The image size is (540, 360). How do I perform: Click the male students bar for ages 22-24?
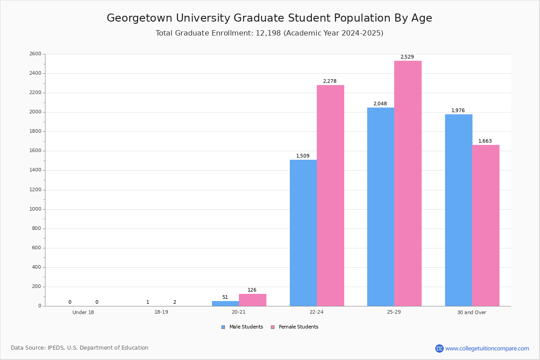click(303, 233)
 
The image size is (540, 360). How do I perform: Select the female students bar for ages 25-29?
click(408, 184)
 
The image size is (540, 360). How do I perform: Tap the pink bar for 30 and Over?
click(486, 225)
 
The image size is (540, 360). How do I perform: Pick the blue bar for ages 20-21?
click(225, 304)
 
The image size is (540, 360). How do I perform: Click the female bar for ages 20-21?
click(252, 300)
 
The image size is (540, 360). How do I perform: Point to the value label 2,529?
click(407, 57)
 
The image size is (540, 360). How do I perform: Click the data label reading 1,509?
click(303, 156)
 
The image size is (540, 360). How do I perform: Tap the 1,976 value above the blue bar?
click(458, 110)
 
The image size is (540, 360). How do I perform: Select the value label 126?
click(252, 290)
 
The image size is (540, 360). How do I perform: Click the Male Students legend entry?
click(242, 327)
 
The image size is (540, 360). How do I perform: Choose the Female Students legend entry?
click(295, 327)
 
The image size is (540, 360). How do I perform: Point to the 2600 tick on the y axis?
click(36, 54)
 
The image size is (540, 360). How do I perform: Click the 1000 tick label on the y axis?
click(36, 209)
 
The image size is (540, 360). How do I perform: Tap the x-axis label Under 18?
click(83, 312)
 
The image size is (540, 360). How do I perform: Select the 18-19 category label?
click(161, 312)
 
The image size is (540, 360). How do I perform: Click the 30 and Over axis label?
click(472, 312)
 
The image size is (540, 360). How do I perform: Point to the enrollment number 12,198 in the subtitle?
click(268, 33)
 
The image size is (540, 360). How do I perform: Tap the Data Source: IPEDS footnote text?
click(80, 348)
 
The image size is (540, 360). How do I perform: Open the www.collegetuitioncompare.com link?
click(487, 349)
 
